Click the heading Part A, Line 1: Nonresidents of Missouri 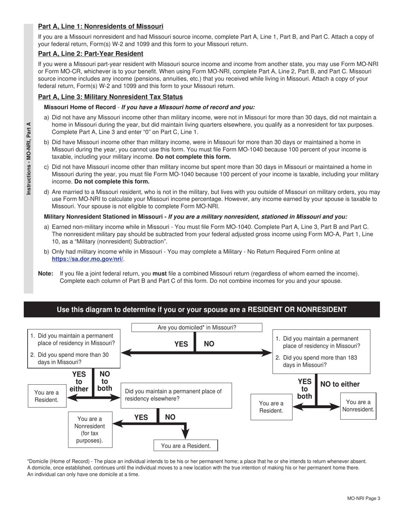point(100,26)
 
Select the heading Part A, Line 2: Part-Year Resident point(91,54)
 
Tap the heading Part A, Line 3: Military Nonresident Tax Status point(110,97)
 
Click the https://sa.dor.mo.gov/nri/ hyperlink point(88,259)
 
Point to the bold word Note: point(46,274)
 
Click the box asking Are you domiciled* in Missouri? point(196,328)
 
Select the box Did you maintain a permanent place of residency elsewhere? point(176,395)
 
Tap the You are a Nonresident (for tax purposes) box point(90,429)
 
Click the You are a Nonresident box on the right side point(358,406)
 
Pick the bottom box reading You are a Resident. point(185,446)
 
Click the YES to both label point(304,389)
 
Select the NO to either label point(340,384)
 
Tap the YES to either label point(79,382)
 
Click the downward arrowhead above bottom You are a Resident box point(185,433)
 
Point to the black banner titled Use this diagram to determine point(202,310)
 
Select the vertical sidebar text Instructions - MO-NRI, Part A point(28,158)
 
